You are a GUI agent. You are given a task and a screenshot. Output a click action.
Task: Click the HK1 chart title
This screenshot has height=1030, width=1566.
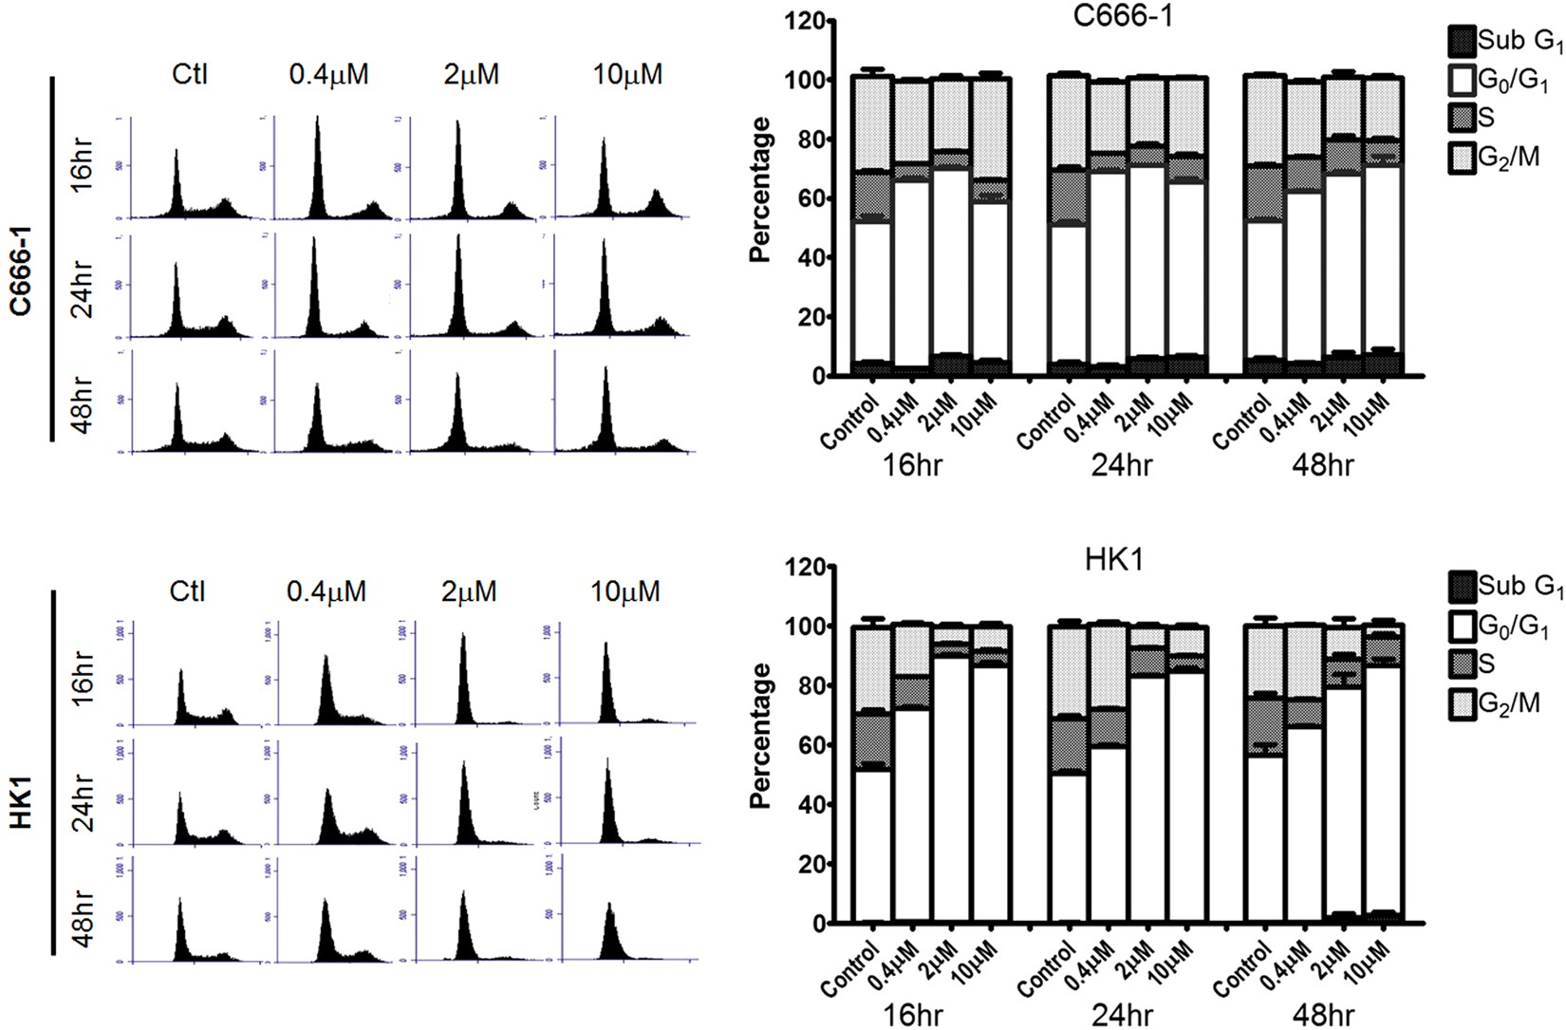click(1114, 560)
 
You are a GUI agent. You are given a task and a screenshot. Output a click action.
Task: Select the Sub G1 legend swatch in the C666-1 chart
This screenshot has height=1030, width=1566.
click(1462, 41)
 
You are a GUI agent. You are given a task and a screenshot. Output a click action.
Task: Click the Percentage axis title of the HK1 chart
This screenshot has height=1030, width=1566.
click(760, 736)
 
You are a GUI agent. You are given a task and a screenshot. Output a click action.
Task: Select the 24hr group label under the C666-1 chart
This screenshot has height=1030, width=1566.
click(1121, 465)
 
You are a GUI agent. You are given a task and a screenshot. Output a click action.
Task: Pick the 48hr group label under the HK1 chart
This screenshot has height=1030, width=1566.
click(1322, 1015)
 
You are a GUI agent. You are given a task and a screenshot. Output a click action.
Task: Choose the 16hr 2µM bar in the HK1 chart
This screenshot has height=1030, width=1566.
click(949, 788)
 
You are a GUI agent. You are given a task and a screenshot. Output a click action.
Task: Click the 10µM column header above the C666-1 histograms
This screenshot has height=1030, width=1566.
click(627, 75)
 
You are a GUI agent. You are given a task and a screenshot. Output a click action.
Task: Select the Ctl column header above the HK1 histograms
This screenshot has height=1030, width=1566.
click(187, 591)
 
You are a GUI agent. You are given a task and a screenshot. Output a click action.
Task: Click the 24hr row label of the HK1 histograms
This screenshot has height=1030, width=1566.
click(84, 802)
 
